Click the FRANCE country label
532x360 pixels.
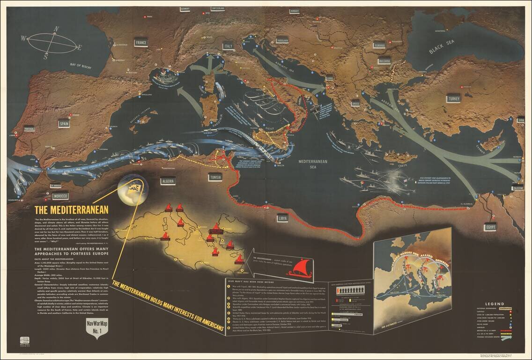pos(140,43)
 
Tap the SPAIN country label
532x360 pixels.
pos(64,124)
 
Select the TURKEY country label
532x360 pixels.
pos(454,99)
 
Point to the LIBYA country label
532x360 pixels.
pos(282,218)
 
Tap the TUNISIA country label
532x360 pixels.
pos(216,178)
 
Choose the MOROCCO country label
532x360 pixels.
pos(60,195)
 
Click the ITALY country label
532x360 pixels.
pos(228,46)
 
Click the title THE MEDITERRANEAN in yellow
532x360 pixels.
pos(71,210)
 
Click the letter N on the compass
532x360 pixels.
pos(56,30)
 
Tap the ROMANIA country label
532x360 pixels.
pos(379,45)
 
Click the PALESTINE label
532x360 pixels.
pos(518,188)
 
